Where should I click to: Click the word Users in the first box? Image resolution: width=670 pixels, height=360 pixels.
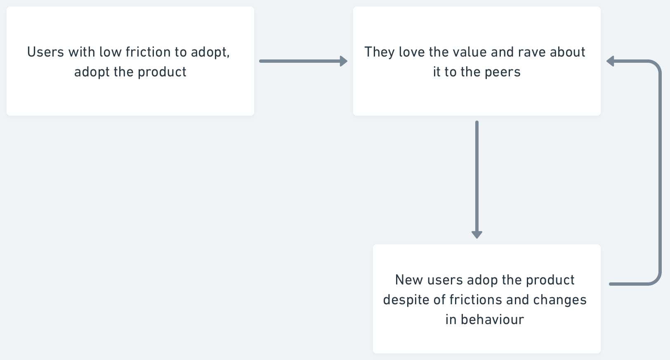point(45,52)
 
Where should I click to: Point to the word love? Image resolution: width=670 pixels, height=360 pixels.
point(412,52)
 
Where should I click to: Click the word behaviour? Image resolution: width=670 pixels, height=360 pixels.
point(492,320)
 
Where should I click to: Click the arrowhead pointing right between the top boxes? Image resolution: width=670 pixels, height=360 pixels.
point(344,61)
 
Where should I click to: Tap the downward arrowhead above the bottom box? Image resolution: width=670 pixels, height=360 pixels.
point(477,235)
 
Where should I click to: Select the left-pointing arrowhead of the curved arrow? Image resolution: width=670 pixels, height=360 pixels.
point(610,61)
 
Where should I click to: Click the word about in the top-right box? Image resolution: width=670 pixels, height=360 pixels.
point(567,52)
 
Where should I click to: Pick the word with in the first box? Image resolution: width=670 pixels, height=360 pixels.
point(82,52)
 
